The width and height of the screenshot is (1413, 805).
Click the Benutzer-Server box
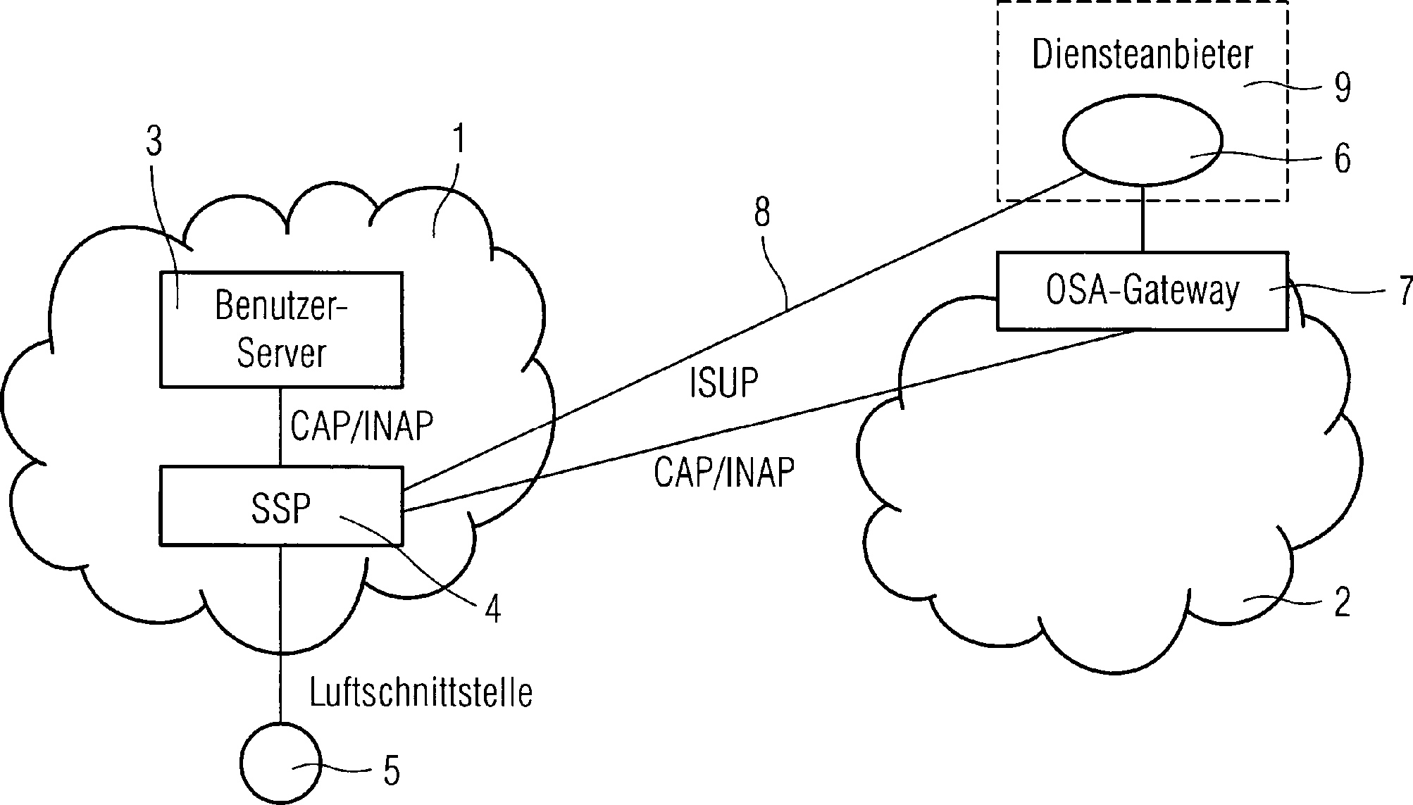pyautogui.click(x=281, y=330)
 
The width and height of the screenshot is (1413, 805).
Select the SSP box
pyautogui.click(x=281, y=506)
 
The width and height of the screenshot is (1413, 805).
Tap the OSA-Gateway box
pyautogui.click(x=1142, y=290)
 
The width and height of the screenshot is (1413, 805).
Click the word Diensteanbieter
pyautogui.click(x=1143, y=55)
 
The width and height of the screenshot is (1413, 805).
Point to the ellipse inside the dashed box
pyautogui.click(x=1142, y=146)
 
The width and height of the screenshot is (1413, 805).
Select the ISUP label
pyautogui.click(x=723, y=384)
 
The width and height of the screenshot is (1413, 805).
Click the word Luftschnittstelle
pyautogui.click(x=421, y=693)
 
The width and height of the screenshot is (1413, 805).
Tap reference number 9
pyautogui.click(x=1343, y=89)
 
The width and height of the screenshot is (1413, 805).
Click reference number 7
pyautogui.click(x=1405, y=290)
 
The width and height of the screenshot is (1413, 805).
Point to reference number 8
pyautogui.click(x=762, y=212)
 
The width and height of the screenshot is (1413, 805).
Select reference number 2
pyautogui.click(x=1343, y=603)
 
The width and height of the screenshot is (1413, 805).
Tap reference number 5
pyautogui.click(x=392, y=770)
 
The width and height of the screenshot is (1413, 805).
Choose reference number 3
pyautogui.click(x=154, y=142)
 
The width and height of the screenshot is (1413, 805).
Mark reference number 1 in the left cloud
pyautogui.click(x=459, y=140)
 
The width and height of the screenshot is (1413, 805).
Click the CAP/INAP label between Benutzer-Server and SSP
pyautogui.click(x=361, y=427)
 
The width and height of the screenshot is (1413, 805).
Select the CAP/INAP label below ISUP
pyautogui.click(x=723, y=473)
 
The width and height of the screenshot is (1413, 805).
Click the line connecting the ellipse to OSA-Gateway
pyautogui.click(x=1142, y=218)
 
